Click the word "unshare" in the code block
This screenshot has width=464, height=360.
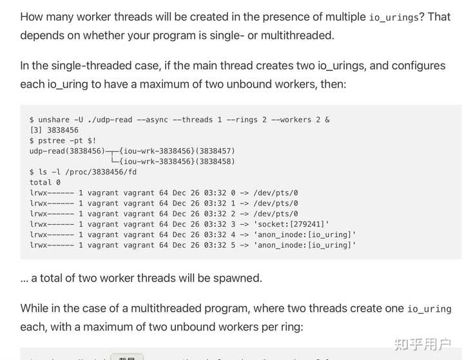[53, 120]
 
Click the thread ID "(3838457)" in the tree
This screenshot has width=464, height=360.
[213, 151]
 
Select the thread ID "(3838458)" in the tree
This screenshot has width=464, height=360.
[213, 161]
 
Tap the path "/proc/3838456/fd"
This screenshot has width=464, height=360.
[99, 172]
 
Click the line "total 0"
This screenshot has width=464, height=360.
[41, 182]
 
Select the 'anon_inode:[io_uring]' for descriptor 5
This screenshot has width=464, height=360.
[305, 245]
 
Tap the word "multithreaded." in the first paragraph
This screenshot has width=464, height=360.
[297, 35]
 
